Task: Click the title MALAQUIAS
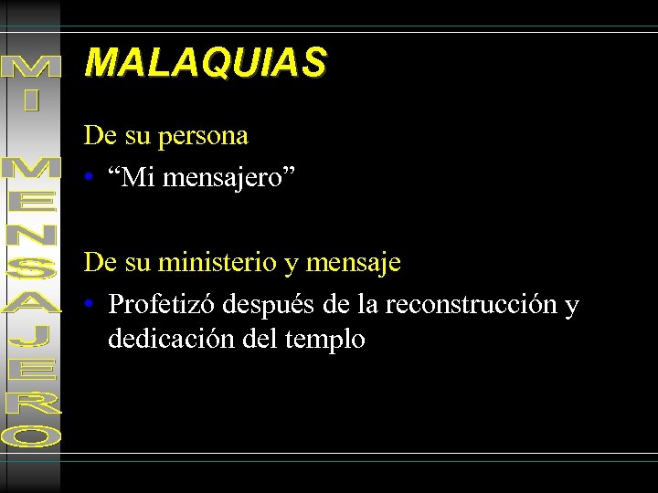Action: point(205,63)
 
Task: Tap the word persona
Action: point(203,137)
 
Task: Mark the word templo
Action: point(325,341)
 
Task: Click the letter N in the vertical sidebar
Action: point(32,235)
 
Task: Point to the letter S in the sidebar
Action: point(32,267)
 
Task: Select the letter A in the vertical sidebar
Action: point(32,302)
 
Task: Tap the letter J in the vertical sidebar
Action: point(32,337)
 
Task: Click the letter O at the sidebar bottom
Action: point(32,437)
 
